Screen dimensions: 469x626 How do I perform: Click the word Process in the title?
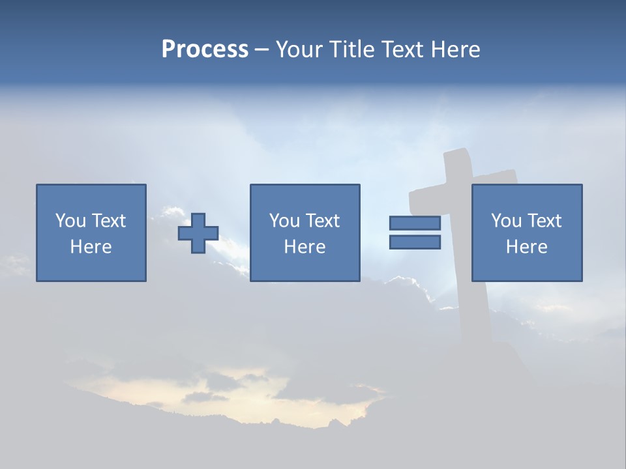pyautogui.click(x=205, y=49)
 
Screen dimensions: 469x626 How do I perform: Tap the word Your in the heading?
pyautogui.click(x=299, y=50)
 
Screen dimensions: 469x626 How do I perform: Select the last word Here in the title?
pyautogui.click(x=455, y=50)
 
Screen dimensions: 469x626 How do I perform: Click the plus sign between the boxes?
pyautogui.click(x=198, y=233)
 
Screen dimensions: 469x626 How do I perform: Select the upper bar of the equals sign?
pyautogui.click(x=415, y=223)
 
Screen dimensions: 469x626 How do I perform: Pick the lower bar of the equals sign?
pyautogui.click(x=415, y=242)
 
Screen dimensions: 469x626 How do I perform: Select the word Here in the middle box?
pyautogui.click(x=305, y=247)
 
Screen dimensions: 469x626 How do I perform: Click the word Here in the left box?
pyautogui.click(x=91, y=247)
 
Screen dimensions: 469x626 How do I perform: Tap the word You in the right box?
pyautogui.click(x=506, y=221)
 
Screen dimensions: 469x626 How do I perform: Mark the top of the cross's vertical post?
pyautogui.click(x=456, y=156)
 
